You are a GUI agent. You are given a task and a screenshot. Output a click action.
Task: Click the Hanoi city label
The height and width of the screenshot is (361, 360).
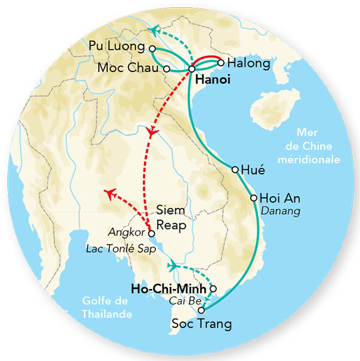tap(212, 79)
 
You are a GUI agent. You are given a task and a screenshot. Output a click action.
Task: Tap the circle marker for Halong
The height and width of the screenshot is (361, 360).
tap(221, 62)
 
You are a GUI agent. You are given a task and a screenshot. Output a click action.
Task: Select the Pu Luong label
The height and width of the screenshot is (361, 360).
tap(117, 46)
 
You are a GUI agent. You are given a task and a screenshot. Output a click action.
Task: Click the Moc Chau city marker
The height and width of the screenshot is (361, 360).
tap(166, 69)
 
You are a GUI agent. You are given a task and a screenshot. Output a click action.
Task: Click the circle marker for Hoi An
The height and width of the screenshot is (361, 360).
tap(254, 198)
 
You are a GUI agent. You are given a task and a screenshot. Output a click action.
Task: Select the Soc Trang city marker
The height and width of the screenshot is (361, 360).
tap(202, 310)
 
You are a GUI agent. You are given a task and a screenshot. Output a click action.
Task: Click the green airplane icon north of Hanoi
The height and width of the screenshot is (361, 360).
tap(155, 29)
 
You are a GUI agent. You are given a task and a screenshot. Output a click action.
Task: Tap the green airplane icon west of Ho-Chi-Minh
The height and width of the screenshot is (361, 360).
tap(173, 264)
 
